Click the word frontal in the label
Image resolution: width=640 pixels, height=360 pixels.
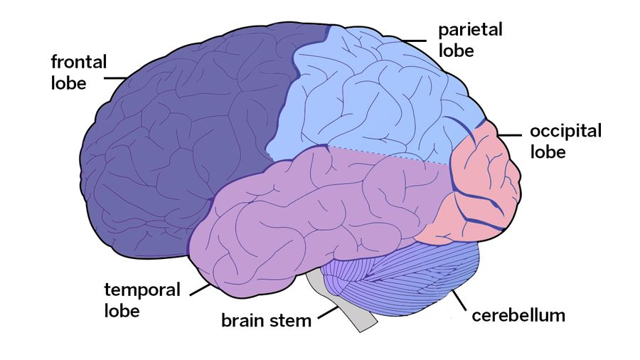pos(79,62)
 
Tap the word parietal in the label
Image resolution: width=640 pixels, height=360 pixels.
pos(470,31)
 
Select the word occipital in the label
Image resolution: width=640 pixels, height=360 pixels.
pos(566,132)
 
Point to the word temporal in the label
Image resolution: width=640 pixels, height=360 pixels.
pos(142,290)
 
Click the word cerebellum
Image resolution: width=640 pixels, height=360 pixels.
pos(518,315)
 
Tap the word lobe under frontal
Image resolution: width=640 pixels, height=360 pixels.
pos(68,83)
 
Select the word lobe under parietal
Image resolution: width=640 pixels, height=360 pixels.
pos(456,51)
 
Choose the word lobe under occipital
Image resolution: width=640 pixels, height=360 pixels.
pos(548,152)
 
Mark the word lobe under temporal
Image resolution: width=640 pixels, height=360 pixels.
pos(122,311)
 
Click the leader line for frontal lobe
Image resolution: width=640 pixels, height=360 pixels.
pos(115,78)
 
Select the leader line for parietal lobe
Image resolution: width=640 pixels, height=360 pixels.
pos(413,41)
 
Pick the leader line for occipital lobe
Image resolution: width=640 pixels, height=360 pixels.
pos(509,135)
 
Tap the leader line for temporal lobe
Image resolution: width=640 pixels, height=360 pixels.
pos(201,290)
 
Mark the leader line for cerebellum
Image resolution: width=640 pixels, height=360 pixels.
pos(459,300)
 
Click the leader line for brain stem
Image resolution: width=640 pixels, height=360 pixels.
pos(328,312)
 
